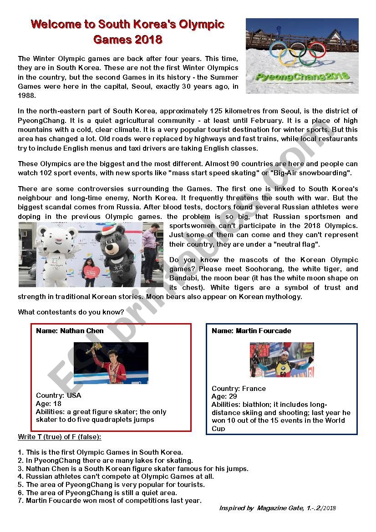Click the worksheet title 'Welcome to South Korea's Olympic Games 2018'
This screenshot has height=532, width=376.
127,31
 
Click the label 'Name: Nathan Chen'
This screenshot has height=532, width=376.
70,331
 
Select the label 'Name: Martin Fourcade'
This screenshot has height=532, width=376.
251,331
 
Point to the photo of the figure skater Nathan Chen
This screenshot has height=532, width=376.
111,363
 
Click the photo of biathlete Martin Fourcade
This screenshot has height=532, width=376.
282,360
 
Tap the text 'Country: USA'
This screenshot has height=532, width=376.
58,395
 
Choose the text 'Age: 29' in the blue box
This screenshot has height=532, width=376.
224,396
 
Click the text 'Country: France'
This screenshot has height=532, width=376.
239,388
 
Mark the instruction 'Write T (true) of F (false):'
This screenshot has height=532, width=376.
60,437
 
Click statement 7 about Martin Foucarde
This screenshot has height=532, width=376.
109,501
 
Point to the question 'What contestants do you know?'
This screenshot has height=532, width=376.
71,312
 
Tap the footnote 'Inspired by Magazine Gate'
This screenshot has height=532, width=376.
277,508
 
